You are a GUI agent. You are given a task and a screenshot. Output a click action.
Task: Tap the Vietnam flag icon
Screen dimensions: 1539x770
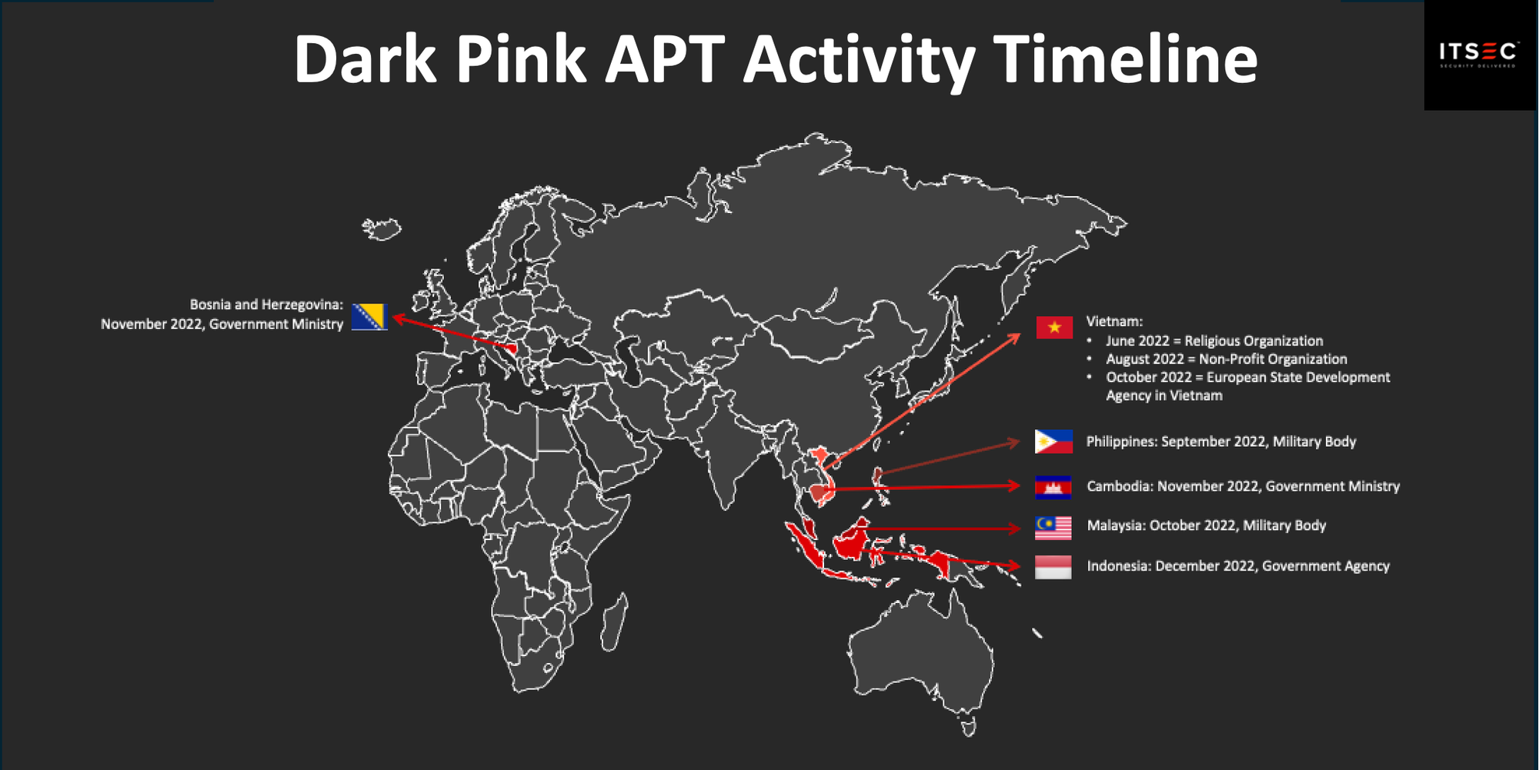(1054, 328)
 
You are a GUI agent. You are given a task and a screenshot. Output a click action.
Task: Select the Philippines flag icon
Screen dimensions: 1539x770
(1053, 442)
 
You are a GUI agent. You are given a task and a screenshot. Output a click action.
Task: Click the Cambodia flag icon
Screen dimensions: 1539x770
(1053, 487)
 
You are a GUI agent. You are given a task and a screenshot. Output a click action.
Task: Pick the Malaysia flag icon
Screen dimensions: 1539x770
(1053, 528)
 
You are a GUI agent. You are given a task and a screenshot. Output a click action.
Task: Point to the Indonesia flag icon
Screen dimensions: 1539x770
(1053, 567)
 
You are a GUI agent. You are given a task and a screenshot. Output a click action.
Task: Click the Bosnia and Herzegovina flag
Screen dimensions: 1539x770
(369, 316)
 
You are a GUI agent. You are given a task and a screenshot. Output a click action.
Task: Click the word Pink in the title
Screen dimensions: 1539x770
(521, 59)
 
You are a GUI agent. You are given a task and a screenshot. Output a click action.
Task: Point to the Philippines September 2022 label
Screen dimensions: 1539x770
(1221, 442)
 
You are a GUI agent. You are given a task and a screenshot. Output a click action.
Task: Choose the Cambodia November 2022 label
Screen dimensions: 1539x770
(1243, 486)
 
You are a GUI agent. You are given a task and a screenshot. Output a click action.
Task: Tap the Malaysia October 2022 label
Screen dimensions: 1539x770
(1207, 525)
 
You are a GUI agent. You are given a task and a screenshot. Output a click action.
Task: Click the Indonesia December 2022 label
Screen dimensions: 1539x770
(1238, 566)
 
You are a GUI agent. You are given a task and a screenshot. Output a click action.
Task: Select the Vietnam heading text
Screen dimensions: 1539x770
(1114, 322)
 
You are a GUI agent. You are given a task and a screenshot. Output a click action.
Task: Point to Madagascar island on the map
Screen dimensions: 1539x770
(614, 623)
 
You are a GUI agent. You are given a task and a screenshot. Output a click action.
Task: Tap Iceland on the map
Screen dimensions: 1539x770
(382, 228)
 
